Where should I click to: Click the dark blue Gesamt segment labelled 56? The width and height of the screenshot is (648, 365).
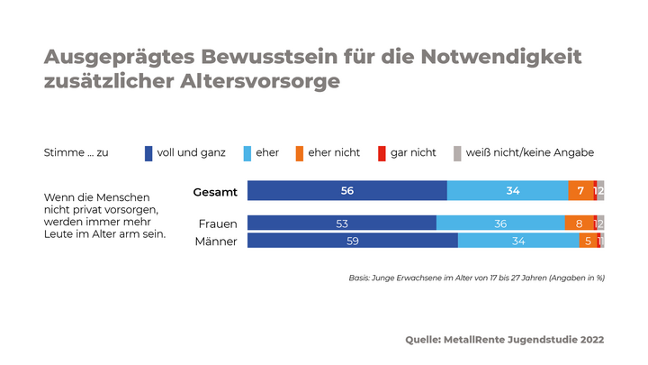(x=346, y=190)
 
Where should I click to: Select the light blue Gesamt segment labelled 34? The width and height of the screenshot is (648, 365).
(x=508, y=190)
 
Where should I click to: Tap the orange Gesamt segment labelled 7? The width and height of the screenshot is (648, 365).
(x=580, y=190)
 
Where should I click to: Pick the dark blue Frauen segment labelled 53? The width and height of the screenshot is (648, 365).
(x=341, y=224)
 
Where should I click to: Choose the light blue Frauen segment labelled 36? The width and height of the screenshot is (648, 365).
(x=500, y=224)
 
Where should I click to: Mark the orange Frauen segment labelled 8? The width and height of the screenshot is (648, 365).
(x=579, y=224)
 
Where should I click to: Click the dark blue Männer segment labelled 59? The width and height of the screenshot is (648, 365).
(x=352, y=241)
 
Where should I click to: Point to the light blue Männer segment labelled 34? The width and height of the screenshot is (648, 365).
(x=518, y=241)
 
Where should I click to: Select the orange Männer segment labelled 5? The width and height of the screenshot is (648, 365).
(x=588, y=241)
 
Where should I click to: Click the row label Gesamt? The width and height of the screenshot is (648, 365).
(x=214, y=191)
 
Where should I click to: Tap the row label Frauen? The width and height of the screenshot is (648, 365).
(x=217, y=224)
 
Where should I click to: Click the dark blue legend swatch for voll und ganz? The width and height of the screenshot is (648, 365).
(x=148, y=153)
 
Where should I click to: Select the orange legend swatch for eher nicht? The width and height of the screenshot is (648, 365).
(x=299, y=153)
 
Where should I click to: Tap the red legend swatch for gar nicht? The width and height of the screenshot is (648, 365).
(x=382, y=153)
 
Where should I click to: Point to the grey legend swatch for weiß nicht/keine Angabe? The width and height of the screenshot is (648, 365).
(x=457, y=153)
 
